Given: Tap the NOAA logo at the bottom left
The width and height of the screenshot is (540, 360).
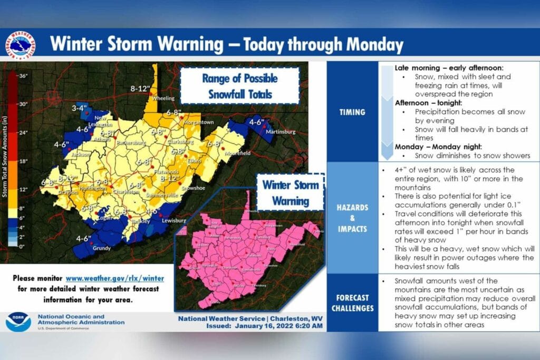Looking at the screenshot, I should click(18, 322).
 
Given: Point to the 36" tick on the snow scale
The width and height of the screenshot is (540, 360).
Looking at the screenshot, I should click(23, 75).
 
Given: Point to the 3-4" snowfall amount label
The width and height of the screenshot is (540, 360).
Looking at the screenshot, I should click(79, 109).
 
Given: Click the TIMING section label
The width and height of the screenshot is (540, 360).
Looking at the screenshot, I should click(352, 112).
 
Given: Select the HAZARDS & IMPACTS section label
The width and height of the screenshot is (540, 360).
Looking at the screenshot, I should click(352, 217).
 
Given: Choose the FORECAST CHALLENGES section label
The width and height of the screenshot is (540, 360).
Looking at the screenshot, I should click(352, 303).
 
